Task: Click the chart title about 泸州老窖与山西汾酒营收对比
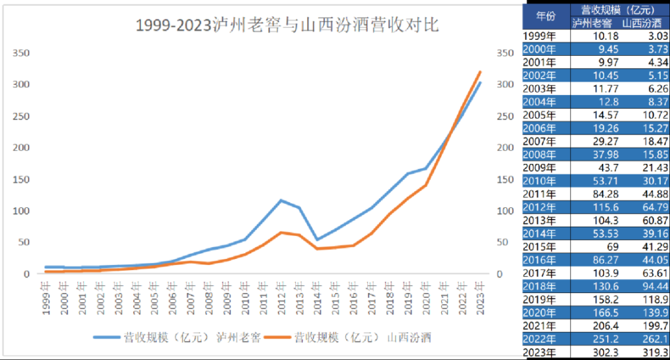pos(287,27)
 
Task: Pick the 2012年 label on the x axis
pos(280,296)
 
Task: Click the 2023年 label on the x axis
pos(479,296)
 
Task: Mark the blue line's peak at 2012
pos(281,200)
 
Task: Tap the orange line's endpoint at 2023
pos(480,71)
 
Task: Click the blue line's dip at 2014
pos(317,239)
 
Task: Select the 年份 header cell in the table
pos(546,15)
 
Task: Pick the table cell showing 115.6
pos(596,207)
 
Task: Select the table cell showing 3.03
pos(649,36)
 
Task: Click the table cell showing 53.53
pos(596,234)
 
